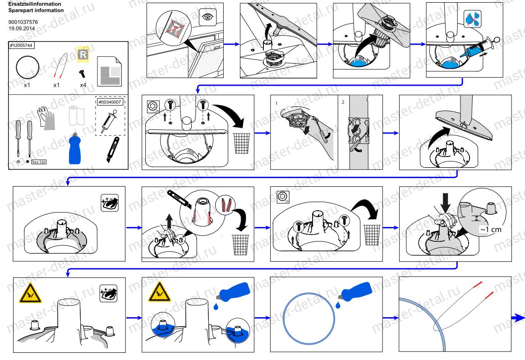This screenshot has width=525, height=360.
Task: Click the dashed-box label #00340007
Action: click(111, 102)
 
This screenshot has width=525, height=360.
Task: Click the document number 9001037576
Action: click(23, 21)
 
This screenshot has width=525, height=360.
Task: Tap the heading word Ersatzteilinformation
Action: click(32, 4)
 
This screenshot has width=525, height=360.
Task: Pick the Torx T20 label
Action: click(39, 161)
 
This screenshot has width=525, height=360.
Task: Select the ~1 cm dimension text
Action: click(490, 229)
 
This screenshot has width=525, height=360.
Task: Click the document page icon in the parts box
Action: click(109, 68)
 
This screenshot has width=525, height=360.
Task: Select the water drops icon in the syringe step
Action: click(472, 18)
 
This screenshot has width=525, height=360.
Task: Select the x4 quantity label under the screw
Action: click(83, 85)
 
